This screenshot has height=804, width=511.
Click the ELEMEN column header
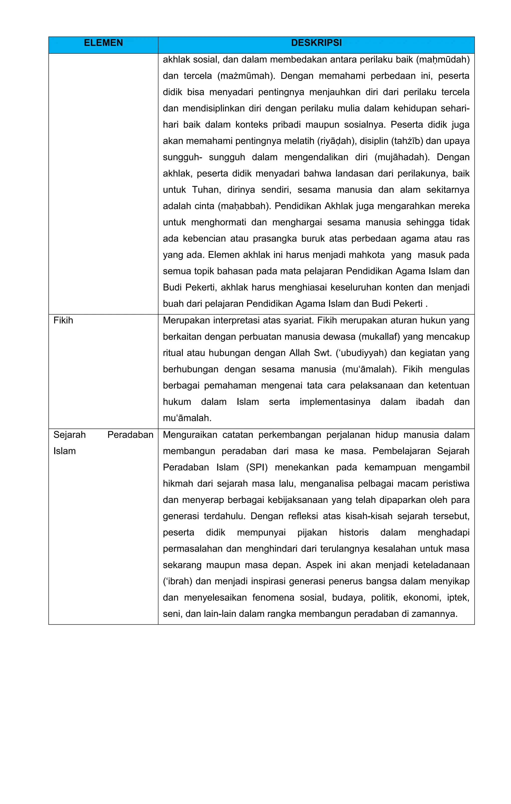103,43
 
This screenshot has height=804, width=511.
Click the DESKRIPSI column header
316,43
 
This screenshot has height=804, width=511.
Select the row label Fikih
63,321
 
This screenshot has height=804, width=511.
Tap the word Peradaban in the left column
130,435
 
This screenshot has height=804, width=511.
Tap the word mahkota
367,255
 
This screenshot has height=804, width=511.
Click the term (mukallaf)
379,337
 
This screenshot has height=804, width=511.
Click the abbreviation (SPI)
257,467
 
